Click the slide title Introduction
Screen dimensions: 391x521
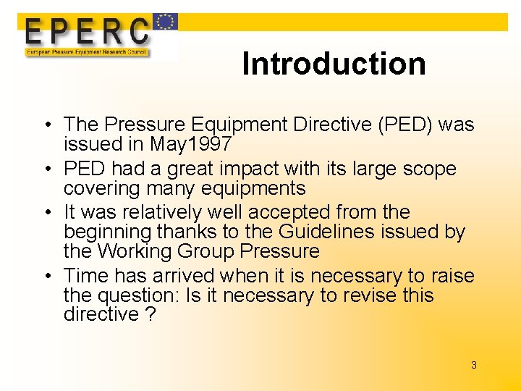pyautogui.click(x=334, y=64)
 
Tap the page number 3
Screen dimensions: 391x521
pyautogui.click(x=474, y=365)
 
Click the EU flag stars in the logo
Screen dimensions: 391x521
pyautogui.click(x=166, y=22)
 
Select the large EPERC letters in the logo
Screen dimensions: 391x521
pyautogui.click(x=87, y=31)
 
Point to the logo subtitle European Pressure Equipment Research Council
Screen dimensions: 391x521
pyautogui.click(x=87, y=52)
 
